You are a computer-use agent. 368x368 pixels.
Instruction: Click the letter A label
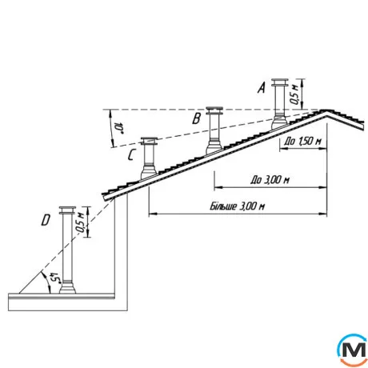262,88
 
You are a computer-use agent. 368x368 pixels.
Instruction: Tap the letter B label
197,118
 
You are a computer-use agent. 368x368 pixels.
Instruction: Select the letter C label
132,155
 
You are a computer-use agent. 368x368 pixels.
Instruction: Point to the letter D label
46,220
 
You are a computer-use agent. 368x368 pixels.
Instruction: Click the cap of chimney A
280,82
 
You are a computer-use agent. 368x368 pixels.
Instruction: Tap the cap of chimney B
214,110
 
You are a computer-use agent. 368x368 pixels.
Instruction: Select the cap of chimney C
150,141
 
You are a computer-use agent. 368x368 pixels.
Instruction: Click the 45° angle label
56,278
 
